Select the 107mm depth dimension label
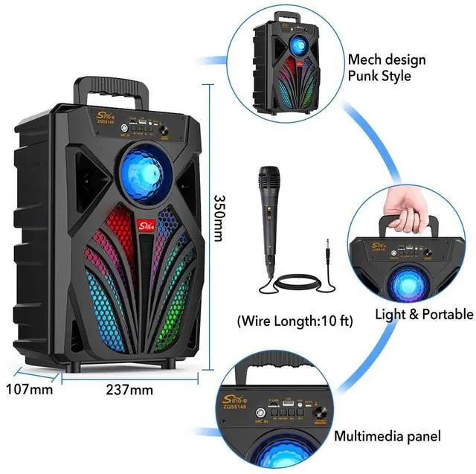[30, 388]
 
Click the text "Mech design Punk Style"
[386, 67]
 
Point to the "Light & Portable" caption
[424, 314]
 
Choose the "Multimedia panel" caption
[387, 435]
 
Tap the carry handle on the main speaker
[112, 89]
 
